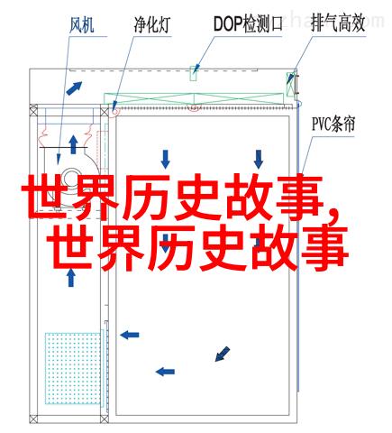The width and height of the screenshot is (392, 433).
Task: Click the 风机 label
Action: (82, 25)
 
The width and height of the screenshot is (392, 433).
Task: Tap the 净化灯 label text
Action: (152, 25)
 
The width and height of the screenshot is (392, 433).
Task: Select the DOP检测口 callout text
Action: (248, 24)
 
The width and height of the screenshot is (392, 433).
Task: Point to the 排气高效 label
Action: (338, 23)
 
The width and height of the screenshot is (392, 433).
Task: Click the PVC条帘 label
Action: (333, 124)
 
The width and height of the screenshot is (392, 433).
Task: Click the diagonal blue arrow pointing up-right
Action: (74, 88)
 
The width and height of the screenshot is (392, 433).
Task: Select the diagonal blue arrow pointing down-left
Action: (223, 354)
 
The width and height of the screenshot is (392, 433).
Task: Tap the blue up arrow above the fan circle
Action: (73, 144)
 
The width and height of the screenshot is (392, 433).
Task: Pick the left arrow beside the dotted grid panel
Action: (130, 335)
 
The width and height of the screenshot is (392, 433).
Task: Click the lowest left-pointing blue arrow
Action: (165, 372)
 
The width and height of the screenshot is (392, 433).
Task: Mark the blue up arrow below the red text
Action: (71, 278)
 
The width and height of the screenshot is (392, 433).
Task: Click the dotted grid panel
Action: (72, 368)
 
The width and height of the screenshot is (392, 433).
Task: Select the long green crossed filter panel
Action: (194, 99)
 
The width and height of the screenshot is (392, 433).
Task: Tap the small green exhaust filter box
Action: (291, 84)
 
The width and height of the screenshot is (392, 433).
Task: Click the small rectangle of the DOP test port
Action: (194, 73)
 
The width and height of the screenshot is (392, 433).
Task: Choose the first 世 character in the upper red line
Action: (43, 197)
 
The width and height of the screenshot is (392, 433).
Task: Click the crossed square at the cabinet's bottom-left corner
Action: (33, 419)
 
